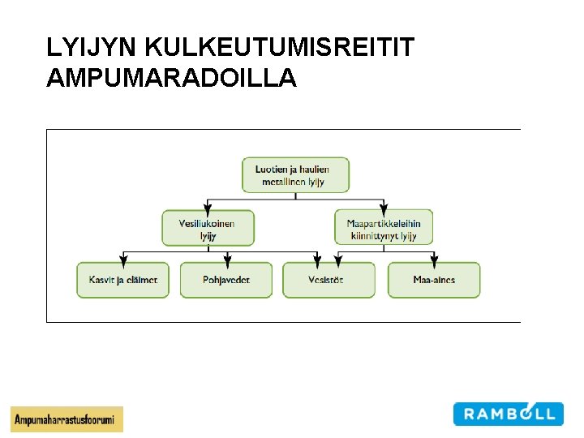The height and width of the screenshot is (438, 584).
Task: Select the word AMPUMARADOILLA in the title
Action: point(172,79)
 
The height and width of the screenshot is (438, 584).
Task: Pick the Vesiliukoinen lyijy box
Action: point(208,228)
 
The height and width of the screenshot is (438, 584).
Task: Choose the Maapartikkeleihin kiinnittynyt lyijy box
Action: point(384,228)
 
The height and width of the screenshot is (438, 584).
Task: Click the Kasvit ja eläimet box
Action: point(122,280)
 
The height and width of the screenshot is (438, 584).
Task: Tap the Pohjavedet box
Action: point(226,280)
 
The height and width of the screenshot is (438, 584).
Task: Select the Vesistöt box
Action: point(328,280)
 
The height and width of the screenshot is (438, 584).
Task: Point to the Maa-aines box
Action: point(434,280)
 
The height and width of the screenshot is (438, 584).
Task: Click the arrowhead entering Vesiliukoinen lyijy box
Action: point(208,207)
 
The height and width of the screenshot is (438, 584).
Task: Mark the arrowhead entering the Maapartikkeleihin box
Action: point(384,207)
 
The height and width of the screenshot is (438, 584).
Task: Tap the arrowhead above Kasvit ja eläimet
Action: point(122,260)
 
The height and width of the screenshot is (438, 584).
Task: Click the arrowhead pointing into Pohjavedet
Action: point(227,260)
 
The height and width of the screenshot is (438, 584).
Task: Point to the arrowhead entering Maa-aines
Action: point(434,260)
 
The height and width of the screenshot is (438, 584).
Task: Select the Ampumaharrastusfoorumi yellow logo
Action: point(67,419)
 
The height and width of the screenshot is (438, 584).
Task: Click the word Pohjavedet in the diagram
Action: point(226,280)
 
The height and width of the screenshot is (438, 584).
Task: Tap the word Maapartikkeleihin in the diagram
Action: point(384,224)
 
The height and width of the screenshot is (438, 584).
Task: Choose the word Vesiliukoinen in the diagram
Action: point(207,224)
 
